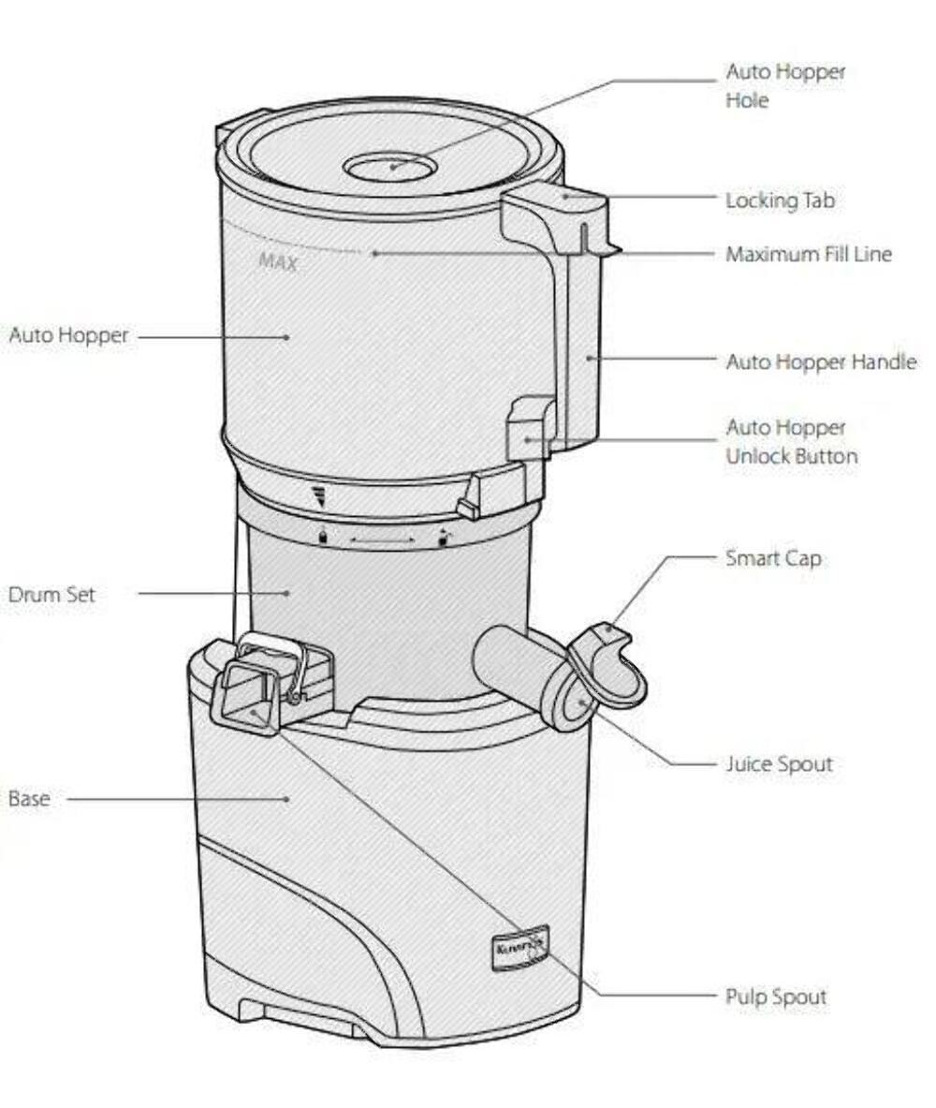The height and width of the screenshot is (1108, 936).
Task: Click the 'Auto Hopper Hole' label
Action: pos(784,86)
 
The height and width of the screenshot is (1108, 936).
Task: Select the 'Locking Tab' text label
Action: pos(780,200)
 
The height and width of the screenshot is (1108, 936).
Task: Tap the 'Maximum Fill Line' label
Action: pos(809,254)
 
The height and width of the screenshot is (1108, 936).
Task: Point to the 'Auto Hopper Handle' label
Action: pos(820,362)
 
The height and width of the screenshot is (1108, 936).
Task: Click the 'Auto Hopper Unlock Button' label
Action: pos(791,442)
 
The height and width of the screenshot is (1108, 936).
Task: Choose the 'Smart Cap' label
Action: pos(773,558)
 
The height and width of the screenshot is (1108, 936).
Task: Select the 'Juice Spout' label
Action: pos(779,764)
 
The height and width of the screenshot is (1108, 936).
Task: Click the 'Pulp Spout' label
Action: pos(776,997)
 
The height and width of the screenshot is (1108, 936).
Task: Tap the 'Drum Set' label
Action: pos(51,595)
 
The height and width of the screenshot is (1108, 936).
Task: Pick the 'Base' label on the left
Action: pos(29,800)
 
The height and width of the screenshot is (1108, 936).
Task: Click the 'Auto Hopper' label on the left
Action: pos(67,335)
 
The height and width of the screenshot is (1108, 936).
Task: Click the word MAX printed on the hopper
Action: pos(278,262)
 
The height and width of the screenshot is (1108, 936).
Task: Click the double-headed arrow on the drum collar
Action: pos(382,540)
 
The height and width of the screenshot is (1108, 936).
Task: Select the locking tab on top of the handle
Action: pos(559,201)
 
